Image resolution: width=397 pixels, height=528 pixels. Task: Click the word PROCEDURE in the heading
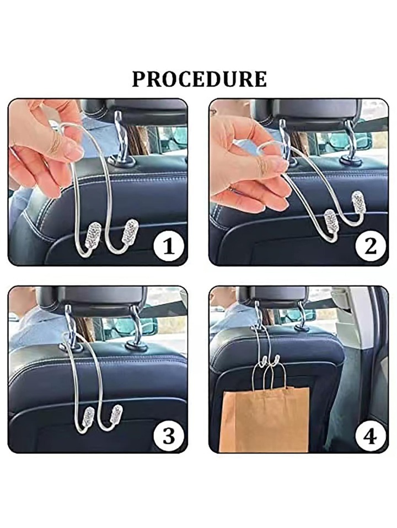(x=199, y=79)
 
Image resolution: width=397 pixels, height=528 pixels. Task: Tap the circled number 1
(x=169, y=246)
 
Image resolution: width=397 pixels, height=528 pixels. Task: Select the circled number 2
(x=371, y=246)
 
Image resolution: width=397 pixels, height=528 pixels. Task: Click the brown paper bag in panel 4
(x=264, y=419)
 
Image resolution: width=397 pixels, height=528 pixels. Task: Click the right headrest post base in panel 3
(x=136, y=345)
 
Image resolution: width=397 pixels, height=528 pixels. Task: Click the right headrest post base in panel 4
(x=302, y=328)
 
